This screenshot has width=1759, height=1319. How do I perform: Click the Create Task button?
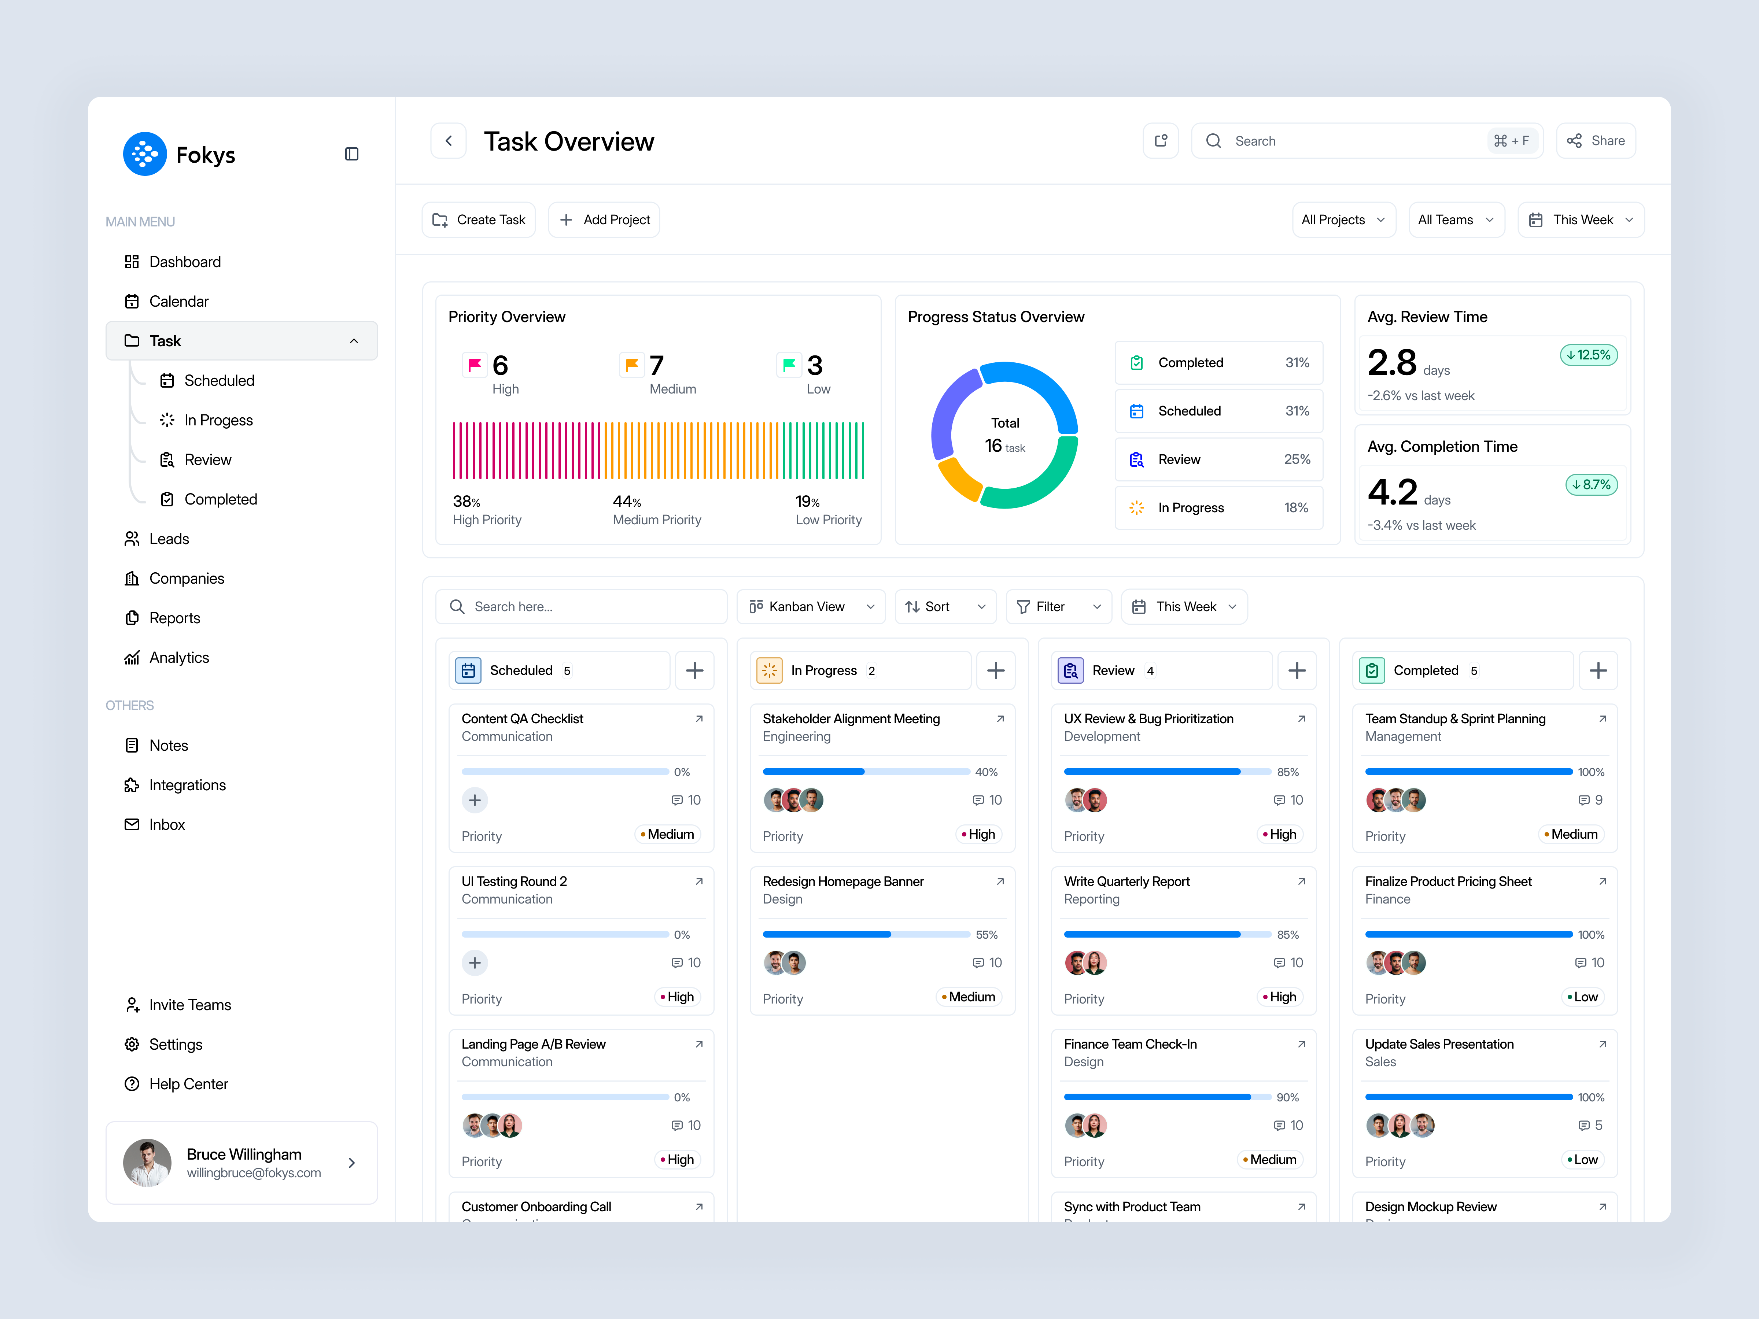(x=479, y=219)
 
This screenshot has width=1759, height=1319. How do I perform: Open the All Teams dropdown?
(x=1455, y=219)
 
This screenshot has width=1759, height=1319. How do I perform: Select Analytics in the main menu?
(x=179, y=658)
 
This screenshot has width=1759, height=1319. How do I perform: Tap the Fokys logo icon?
(x=145, y=154)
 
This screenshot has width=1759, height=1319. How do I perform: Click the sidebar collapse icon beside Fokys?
(x=351, y=154)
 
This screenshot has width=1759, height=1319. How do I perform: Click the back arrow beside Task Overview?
(x=449, y=141)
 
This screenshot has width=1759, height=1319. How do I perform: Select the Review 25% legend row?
(x=1218, y=459)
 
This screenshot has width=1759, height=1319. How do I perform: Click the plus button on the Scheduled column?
(x=694, y=670)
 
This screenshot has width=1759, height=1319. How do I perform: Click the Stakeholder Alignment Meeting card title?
(x=851, y=719)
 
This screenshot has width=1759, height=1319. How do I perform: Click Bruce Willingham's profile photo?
(x=147, y=1163)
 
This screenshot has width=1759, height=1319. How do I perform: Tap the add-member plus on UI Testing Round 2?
(x=475, y=963)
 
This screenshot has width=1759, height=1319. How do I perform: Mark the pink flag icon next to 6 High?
(x=475, y=365)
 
